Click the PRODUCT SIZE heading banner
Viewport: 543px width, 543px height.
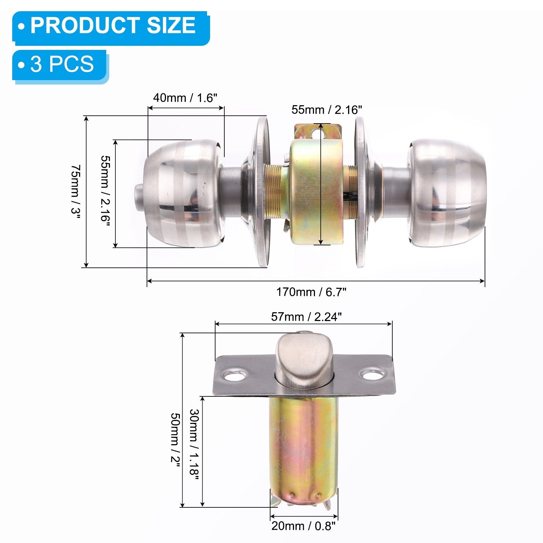click(x=111, y=28)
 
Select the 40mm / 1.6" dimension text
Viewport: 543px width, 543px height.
click(x=185, y=98)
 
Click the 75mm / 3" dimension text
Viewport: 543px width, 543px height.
click(x=76, y=192)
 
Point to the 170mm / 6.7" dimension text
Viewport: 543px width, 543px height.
click(x=311, y=292)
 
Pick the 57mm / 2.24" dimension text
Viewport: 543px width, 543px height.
click(x=306, y=317)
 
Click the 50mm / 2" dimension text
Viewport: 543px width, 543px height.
click(x=175, y=439)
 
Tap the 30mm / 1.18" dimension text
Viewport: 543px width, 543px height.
click(x=194, y=444)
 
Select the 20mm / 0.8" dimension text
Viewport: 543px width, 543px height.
click(x=303, y=526)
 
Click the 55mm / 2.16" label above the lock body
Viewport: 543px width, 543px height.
click(x=326, y=110)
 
